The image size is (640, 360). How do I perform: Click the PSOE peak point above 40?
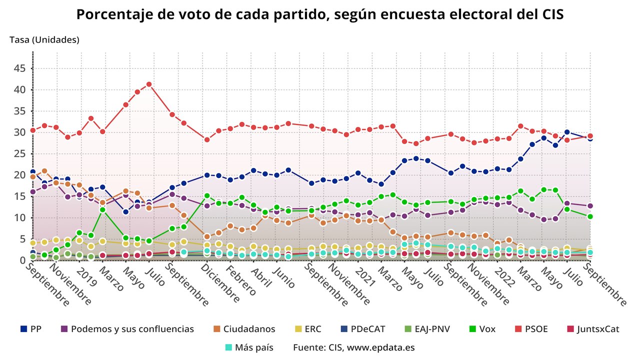pos(149,84)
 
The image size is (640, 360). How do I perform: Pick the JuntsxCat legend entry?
pos(597,329)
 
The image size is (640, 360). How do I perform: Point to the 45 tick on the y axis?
pos(19,68)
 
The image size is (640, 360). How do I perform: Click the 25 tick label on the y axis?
pos(19,154)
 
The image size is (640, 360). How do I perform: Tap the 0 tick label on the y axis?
pos(22,260)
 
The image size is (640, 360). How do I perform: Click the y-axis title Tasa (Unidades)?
pos(44,39)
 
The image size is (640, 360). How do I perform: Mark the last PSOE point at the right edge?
pos(590,136)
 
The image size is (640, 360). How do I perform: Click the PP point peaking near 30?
pos(567,132)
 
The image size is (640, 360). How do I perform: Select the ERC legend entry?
pos(312,329)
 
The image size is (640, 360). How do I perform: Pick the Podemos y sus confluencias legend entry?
pos(132,329)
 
